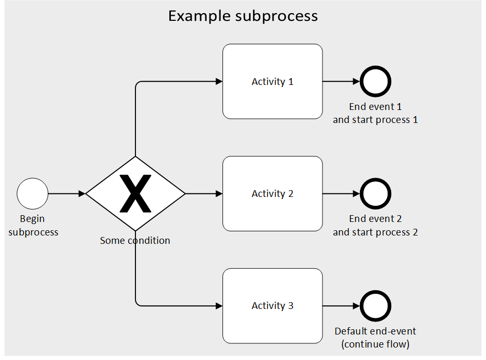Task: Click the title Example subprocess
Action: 243,16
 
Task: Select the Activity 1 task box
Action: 272,82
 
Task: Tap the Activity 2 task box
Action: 272,194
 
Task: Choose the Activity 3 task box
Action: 272,306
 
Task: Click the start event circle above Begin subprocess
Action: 32,194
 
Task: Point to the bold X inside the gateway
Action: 135,194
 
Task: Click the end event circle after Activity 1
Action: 376,82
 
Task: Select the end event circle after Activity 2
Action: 376,194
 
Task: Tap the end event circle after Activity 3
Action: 376,306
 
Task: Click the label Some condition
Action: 135,241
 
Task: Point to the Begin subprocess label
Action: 33,226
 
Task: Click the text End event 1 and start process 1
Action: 375,113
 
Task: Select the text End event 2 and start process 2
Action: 375,225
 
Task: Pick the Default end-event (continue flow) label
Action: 375,337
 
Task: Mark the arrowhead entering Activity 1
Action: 219,82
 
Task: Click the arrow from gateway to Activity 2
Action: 204,194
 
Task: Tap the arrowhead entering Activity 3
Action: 219,306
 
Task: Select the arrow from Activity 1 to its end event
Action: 341,82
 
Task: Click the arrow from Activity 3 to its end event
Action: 341,306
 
